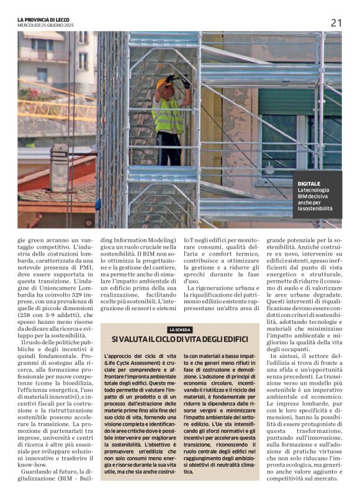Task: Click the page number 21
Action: [x=336, y=23]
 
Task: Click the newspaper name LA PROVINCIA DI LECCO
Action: [x=45, y=20]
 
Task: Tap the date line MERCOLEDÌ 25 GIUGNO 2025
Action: [x=45, y=25]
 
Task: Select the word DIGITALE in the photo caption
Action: [x=310, y=184]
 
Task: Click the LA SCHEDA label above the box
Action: [x=179, y=329]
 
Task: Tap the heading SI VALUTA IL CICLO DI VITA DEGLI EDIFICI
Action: [x=179, y=339]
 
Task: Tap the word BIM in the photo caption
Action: [x=305, y=196]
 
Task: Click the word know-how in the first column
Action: [x=32, y=463]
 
